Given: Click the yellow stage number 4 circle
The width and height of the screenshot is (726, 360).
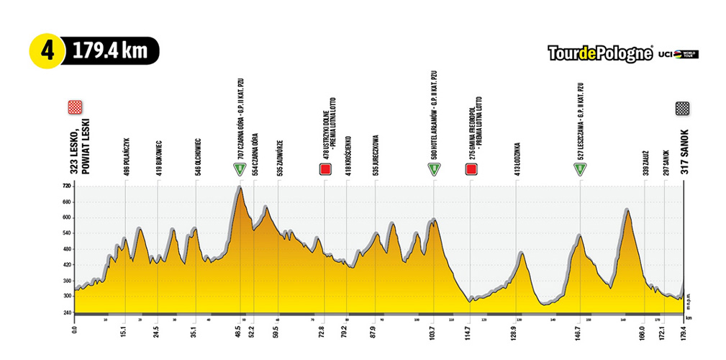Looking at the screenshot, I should [47, 51].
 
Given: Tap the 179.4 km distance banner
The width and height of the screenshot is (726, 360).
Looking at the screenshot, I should [108, 51].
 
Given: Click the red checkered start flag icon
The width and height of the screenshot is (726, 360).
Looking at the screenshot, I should [74, 107].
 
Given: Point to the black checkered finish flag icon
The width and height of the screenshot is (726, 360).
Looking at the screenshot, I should [682, 108].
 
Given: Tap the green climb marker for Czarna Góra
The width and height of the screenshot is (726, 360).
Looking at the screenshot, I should [239, 169].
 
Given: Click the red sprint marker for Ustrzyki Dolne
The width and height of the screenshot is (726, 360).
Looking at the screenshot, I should [325, 169].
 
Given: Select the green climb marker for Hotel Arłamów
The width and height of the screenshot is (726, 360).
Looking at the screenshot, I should [434, 169].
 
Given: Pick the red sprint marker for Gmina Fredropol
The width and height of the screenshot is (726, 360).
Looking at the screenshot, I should [471, 169].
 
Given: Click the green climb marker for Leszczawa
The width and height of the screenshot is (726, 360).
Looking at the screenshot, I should [580, 169].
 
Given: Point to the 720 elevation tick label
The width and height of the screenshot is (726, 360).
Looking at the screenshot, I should [67, 186].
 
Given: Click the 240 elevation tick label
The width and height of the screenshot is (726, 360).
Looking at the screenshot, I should [67, 312].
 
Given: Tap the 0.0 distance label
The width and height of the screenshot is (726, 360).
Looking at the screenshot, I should [75, 334].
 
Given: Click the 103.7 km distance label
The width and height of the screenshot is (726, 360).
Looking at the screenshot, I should [435, 333].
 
